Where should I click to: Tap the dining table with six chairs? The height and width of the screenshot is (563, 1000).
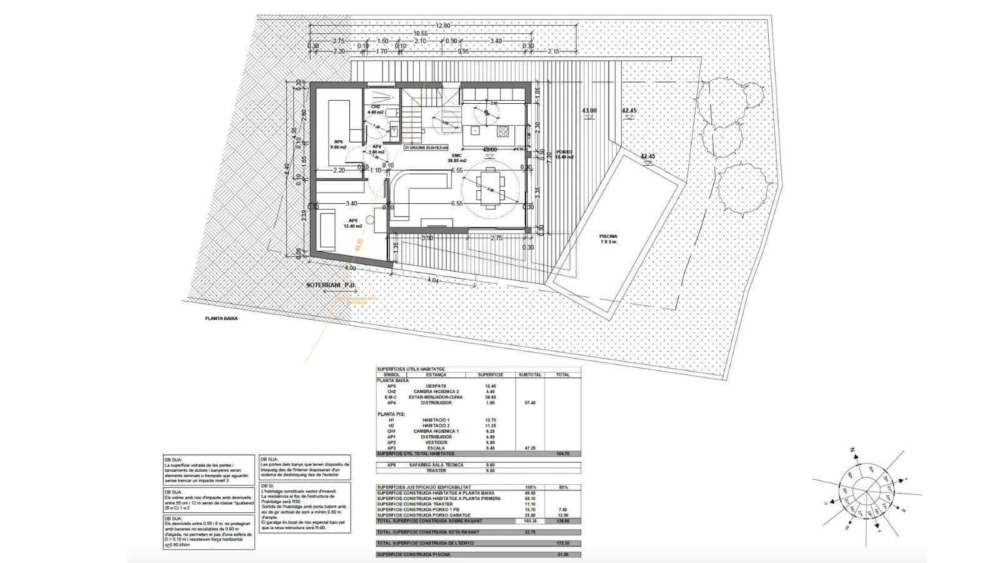[491, 189]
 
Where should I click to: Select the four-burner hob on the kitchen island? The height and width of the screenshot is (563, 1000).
[503, 131]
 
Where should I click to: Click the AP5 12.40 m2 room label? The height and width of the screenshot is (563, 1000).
[352, 224]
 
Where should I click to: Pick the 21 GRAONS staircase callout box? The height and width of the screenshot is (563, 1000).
[426, 147]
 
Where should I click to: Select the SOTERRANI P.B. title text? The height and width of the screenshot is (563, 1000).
[331, 285]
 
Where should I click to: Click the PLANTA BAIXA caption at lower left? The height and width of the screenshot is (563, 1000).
[221, 318]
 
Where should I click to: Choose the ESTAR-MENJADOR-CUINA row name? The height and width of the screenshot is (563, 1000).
[436, 397]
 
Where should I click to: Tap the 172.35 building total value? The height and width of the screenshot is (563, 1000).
[562, 543]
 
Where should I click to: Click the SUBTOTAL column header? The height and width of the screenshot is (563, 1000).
[529, 375]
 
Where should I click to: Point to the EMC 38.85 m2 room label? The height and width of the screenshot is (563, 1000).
[457, 158]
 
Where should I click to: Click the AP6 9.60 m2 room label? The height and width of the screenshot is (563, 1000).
[339, 145]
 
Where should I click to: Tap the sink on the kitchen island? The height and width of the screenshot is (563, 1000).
[476, 131]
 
